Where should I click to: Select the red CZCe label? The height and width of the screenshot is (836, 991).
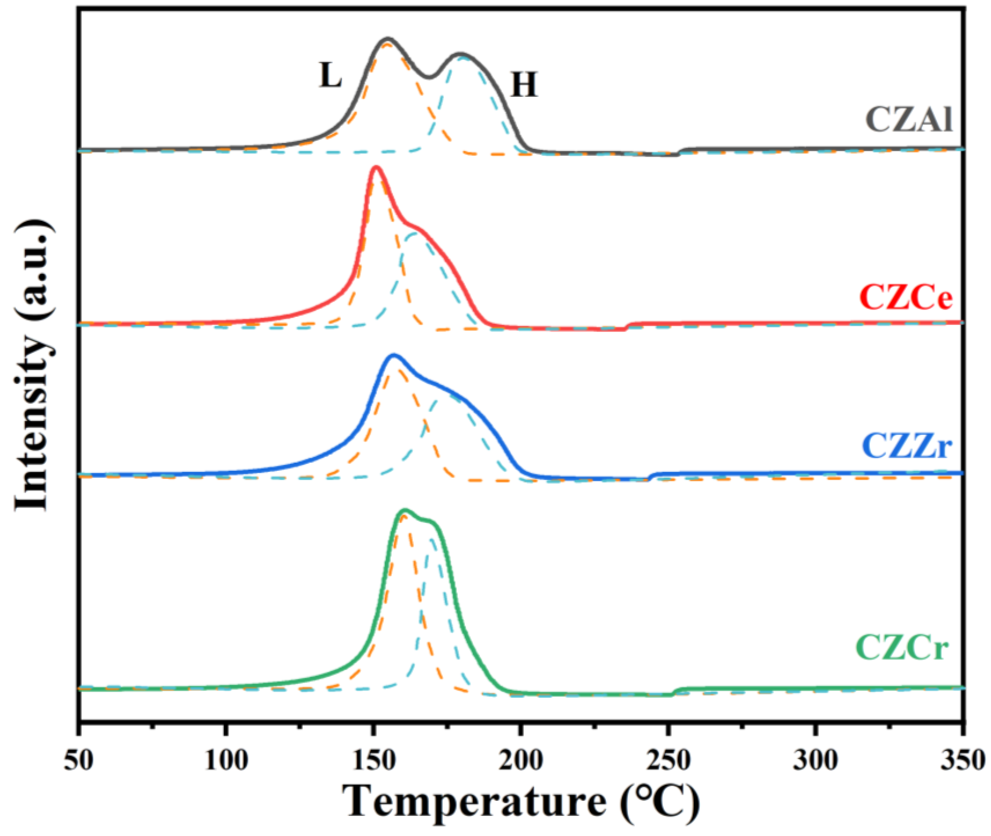pyautogui.click(x=906, y=298)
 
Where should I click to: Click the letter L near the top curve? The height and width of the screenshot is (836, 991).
pyautogui.click(x=330, y=76)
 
